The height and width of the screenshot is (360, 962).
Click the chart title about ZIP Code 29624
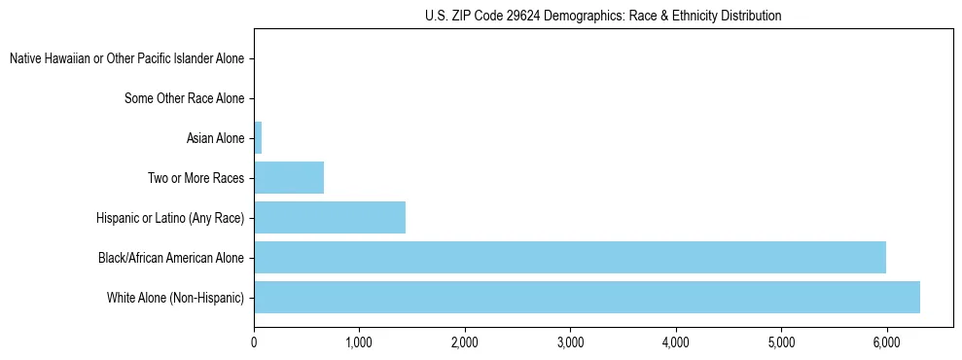(603, 16)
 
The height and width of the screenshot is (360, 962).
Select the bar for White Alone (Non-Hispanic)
(587, 297)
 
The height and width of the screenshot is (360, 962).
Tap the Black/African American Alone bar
(570, 257)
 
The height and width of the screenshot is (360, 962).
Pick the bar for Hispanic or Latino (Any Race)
(330, 217)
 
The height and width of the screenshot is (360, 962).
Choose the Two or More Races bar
(289, 178)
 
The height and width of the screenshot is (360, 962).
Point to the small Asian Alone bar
(258, 138)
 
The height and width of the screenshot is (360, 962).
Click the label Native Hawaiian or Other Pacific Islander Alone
(126, 58)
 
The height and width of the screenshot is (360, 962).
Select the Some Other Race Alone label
(185, 98)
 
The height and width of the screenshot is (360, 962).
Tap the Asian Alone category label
(215, 138)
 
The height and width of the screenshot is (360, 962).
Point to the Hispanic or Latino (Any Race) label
(170, 218)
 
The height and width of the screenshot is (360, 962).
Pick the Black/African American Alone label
(171, 258)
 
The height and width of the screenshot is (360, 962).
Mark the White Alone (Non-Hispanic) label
(176, 298)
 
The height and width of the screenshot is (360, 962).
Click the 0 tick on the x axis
(254, 342)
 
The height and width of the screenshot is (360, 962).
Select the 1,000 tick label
(359, 342)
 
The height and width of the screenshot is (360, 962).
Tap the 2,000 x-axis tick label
(465, 342)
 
